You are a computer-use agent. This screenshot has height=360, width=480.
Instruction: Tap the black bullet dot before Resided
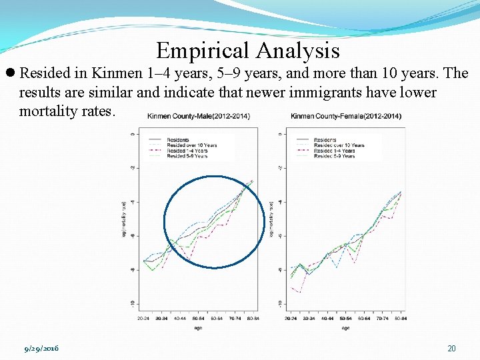point(11,73)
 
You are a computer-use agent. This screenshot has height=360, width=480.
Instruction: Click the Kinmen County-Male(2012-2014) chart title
point(198,117)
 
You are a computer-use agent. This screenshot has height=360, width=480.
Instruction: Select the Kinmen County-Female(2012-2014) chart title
point(346,117)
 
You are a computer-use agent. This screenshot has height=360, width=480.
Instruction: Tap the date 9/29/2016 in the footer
point(41,349)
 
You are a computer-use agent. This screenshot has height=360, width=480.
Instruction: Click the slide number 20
point(451,349)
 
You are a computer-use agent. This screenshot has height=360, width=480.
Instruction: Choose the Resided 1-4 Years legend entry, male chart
point(187,151)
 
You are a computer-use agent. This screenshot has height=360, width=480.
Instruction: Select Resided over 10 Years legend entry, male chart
point(192,145)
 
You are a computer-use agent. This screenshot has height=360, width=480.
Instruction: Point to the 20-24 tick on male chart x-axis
point(143,319)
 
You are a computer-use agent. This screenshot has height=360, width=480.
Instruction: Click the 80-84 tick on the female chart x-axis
point(401,319)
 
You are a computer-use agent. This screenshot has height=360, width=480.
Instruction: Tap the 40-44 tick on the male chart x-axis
point(180,319)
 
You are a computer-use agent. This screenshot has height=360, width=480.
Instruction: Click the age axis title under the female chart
point(345,327)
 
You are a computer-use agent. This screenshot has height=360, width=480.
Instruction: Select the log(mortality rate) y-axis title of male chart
point(123,218)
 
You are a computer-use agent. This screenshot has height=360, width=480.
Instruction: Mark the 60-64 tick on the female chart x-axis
point(364,319)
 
